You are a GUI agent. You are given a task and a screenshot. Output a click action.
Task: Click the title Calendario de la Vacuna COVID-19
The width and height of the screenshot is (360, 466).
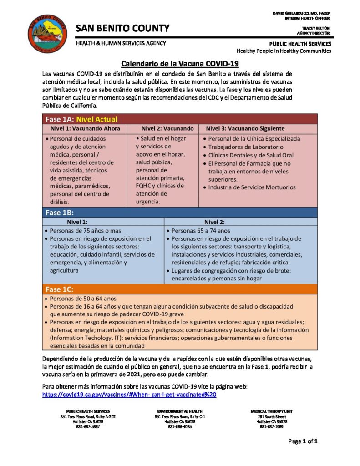click(x=180, y=64)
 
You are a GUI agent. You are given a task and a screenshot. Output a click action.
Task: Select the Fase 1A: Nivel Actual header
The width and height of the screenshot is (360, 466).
click(x=81, y=119)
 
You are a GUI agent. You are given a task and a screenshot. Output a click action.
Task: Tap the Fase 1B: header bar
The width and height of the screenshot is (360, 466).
click(x=60, y=213)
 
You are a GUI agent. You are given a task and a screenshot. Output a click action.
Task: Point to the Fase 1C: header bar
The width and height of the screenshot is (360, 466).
click(x=60, y=289)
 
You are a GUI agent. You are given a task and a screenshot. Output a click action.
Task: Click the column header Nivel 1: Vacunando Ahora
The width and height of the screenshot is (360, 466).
click(x=86, y=129)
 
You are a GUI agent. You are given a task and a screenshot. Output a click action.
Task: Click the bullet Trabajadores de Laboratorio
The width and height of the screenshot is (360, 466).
click(x=245, y=147)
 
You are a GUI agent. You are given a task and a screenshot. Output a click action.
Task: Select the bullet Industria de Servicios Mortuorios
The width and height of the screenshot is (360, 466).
click(x=252, y=187)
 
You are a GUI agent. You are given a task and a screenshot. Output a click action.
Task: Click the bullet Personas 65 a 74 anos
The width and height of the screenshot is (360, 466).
click(x=201, y=231)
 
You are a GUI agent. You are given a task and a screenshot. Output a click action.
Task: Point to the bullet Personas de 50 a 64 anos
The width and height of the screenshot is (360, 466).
click(x=83, y=299)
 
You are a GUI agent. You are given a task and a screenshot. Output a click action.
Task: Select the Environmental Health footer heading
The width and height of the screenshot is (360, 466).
click(x=180, y=411)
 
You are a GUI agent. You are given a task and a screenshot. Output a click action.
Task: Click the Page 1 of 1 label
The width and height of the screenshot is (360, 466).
click(x=303, y=441)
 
